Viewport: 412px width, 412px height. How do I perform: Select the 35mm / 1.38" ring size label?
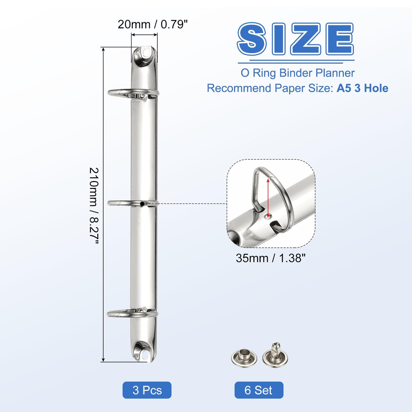(271, 258)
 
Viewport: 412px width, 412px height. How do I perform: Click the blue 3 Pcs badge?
(147, 390)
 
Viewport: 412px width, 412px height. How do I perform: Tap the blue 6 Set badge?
(259, 390)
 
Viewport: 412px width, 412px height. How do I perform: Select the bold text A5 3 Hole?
(362, 88)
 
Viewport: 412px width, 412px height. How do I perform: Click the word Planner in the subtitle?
(335, 73)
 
